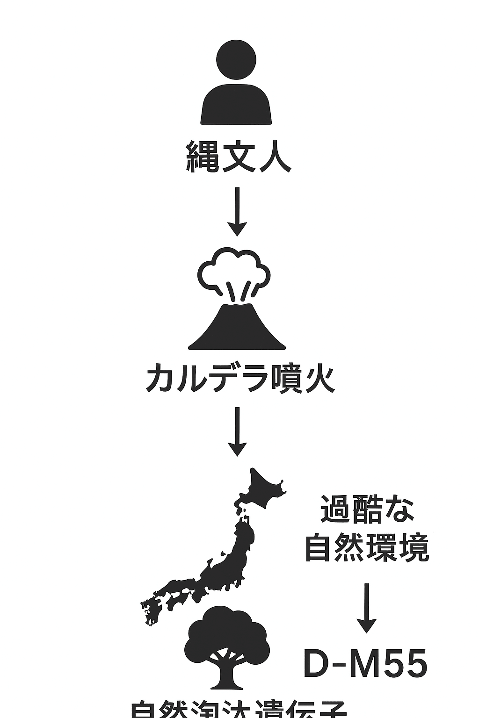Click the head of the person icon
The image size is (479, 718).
coord(237,60)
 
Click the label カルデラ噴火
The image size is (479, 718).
coord(240,379)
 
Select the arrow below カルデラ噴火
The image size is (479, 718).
coord(237,431)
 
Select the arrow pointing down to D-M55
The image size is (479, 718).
coord(367,608)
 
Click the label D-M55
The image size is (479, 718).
coord(365,664)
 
